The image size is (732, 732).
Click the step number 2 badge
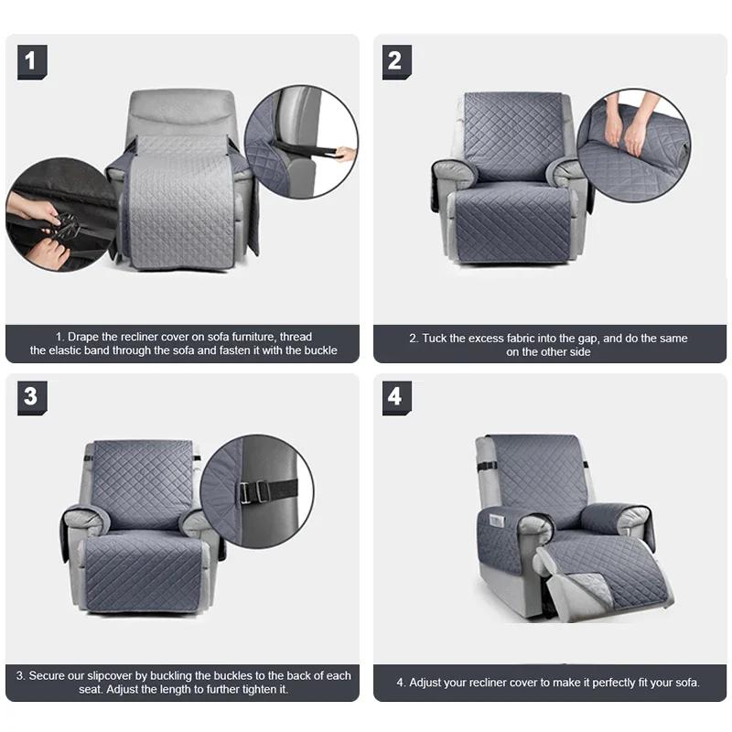click(396, 61)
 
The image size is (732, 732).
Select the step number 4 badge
click(396, 397)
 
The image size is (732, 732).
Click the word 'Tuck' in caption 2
click(434, 338)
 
